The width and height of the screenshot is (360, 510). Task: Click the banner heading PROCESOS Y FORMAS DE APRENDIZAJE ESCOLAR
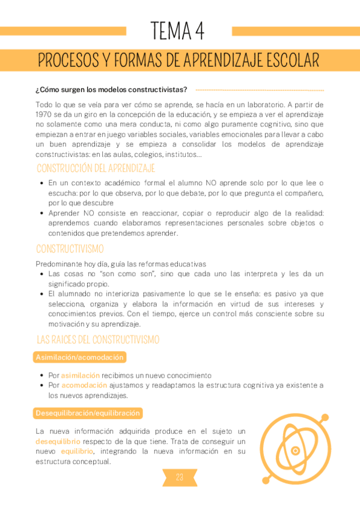pos(178,61)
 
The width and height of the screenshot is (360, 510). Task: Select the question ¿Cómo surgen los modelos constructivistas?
pos(111,90)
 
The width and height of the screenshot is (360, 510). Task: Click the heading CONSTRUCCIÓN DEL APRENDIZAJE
pos(96,168)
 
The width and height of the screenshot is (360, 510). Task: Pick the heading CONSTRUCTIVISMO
pos(70,248)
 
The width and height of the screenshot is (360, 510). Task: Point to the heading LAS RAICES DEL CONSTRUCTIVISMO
pos(98,340)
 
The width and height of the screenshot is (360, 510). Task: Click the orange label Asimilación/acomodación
pos(80,357)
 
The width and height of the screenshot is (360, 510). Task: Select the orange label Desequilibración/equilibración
pos(88,413)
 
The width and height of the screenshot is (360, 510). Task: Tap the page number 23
pos(179,478)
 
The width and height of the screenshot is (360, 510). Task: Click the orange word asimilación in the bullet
pos(80,375)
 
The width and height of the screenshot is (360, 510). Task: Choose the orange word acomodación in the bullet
pos(81,385)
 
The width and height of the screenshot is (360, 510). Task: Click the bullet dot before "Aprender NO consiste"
pos(41,214)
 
